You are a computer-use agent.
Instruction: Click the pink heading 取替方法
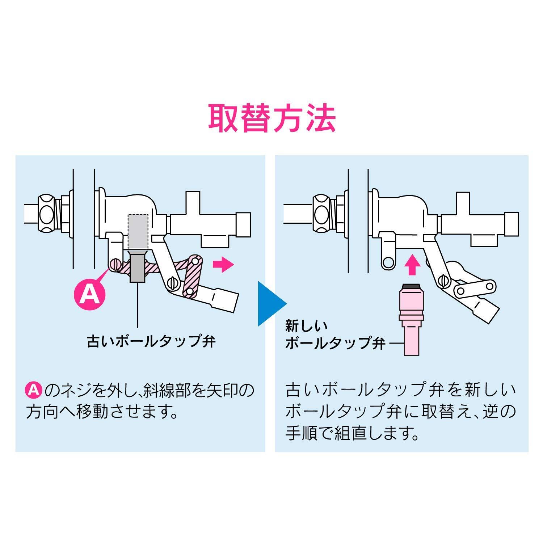tap(272, 118)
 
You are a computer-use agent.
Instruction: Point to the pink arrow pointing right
tap(223, 265)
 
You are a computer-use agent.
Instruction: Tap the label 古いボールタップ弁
tap(151, 341)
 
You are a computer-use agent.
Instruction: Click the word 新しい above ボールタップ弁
tap(307, 327)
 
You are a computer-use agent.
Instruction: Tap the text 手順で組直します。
tap(353, 433)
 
